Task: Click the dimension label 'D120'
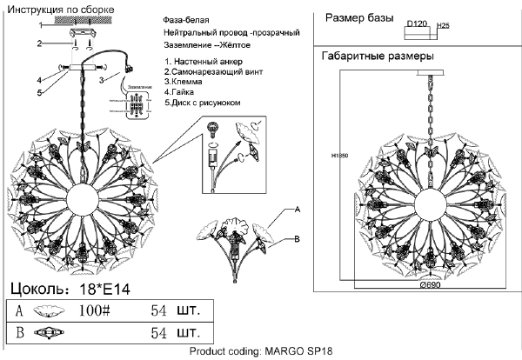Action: tap(418, 25)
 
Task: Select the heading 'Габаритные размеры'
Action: tap(378, 57)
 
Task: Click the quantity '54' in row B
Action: tap(159, 332)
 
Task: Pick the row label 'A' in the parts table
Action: tap(18, 310)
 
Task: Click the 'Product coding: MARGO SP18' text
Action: tap(262, 352)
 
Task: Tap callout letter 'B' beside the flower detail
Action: tap(298, 239)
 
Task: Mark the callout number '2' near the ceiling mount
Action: tap(39, 43)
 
